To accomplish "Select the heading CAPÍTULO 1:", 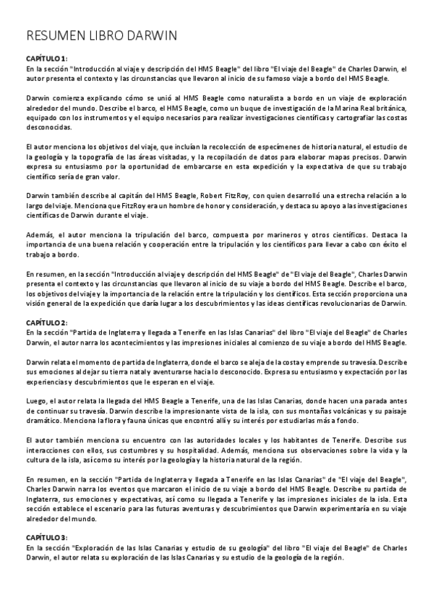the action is [x=46, y=58].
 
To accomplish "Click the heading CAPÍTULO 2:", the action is [x=46, y=322].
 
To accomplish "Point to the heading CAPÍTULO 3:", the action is [x=46, y=537].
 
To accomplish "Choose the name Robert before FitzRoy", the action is [x=209, y=196].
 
